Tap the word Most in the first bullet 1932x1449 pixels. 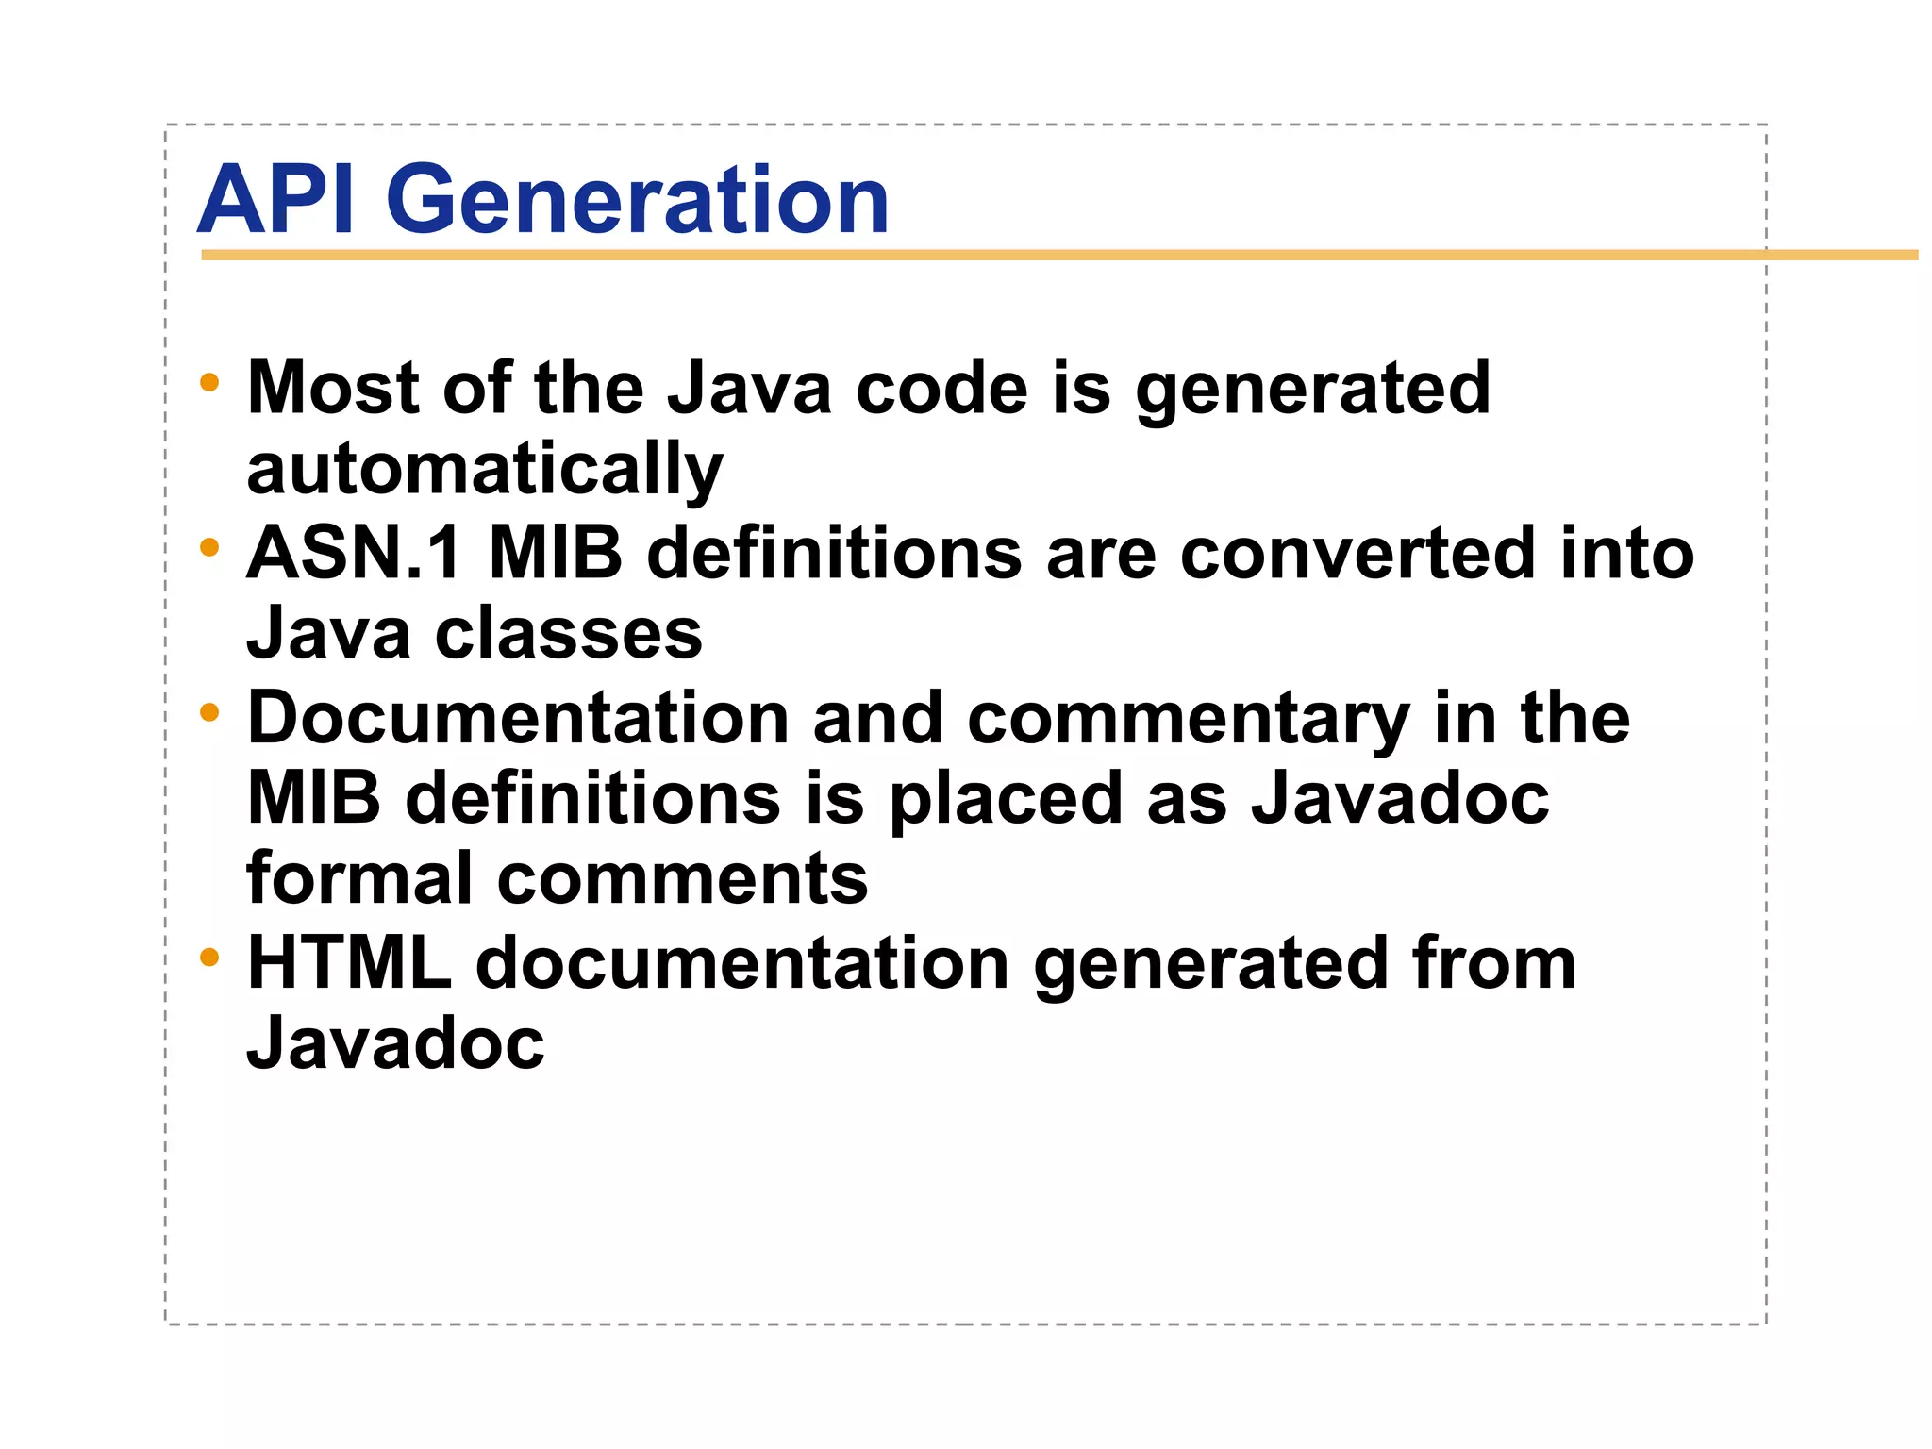point(333,388)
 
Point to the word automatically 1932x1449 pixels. point(485,470)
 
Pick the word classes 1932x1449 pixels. point(569,633)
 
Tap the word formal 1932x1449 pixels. point(358,878)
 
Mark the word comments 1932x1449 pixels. point(682,878)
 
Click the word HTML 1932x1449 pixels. point(350,963)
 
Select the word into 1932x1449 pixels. point(1627,553)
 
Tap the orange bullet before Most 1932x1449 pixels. point(209,383)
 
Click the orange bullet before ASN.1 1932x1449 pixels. point(209,547)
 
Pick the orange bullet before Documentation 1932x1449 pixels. point(209,713)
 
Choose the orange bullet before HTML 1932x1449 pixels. point(209,958)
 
